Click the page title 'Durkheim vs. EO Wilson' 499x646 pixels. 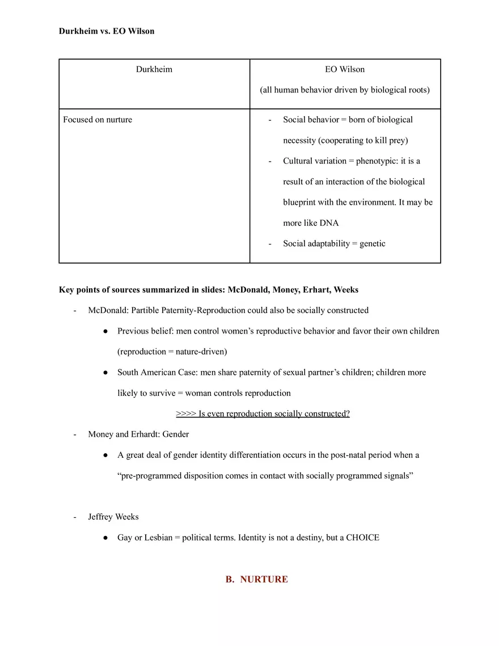pos(107,31)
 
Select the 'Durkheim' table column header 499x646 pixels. pos(154,69)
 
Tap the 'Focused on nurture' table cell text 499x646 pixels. pos(98,120)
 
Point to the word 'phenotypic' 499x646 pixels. pos(377,161)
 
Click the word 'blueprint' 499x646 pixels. pos(302,202)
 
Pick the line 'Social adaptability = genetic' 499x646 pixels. pos(334,243)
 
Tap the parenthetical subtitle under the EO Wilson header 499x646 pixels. pos(345,90)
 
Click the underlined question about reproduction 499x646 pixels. pos(263,413)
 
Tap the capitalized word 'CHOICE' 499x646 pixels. pos(362,537)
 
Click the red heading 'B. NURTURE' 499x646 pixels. pos(256,579)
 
